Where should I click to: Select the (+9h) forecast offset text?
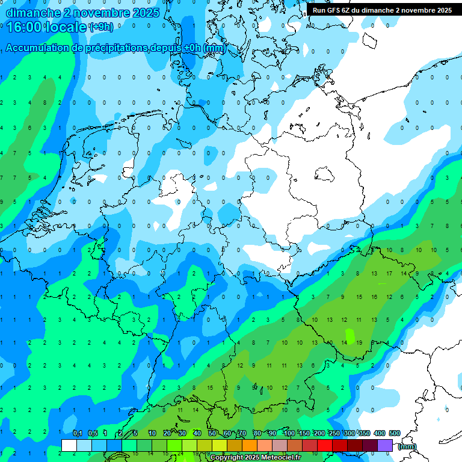(100, 26)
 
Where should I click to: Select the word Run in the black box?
(319, 10)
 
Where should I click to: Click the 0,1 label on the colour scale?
(78, 433)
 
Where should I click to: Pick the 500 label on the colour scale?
(395, 433)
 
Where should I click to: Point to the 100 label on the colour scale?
(289, 433)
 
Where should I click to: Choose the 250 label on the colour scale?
(334, 433)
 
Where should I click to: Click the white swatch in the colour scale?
(69, 445)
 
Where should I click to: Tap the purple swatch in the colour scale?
(385, 445)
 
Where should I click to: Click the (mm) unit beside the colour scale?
(407, 446)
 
